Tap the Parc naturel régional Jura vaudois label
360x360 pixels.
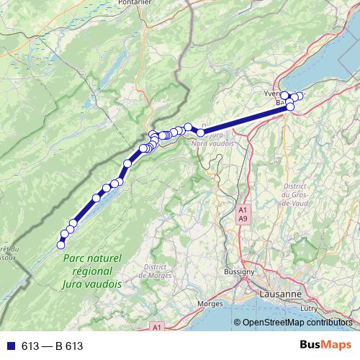point(92,271)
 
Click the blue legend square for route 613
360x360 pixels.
point(9,346)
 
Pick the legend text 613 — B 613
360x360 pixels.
point(52,346)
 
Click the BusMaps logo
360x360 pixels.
point(325,346)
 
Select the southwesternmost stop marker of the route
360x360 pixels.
point(60,246)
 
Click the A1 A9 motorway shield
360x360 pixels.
point(243,214)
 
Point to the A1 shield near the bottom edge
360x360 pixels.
point(157,328)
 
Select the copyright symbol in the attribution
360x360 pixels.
point(237,323)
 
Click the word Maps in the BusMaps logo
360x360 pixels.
point(337,346)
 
